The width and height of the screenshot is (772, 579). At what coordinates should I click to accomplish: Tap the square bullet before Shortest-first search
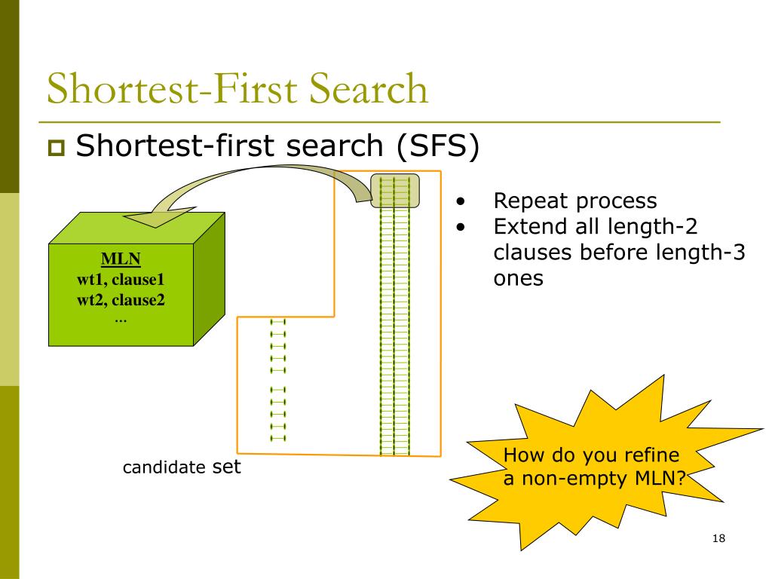56,148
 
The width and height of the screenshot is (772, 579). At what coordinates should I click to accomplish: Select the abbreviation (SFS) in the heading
438,146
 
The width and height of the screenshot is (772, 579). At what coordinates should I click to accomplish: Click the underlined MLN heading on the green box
121,259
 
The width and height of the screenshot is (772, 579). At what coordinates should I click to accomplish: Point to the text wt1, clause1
121,280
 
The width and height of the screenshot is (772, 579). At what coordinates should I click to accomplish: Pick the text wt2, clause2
121,300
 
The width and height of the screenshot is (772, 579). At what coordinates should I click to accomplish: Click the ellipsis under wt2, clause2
121,320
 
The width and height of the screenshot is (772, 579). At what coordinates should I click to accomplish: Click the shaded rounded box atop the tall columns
395,191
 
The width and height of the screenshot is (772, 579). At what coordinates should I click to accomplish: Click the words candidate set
182,467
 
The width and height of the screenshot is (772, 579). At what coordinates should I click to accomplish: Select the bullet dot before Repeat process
461,201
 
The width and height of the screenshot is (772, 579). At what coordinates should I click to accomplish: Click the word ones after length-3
519,279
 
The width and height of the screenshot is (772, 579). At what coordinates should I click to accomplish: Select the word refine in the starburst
653,455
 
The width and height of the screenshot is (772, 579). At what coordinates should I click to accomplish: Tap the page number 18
718,538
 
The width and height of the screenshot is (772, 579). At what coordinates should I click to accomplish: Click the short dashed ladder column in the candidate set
277,380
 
